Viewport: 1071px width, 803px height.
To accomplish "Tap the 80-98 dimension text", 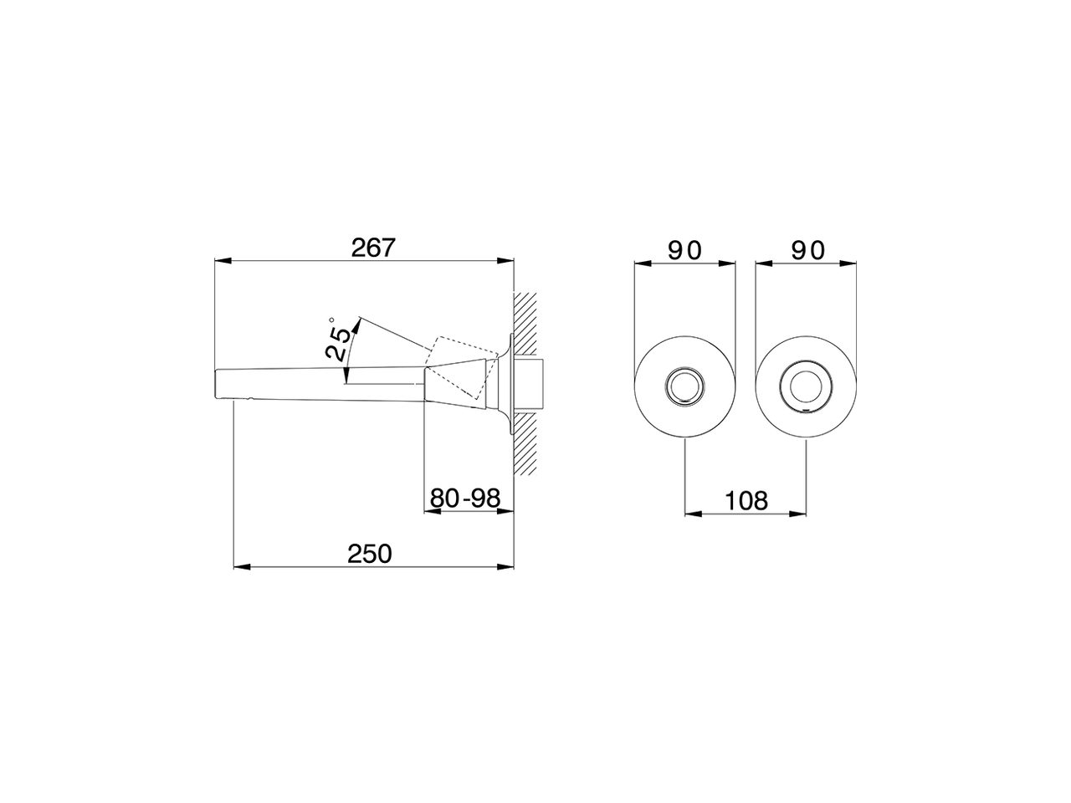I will click(465, 499).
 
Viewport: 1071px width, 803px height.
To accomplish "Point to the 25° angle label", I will click(338, 340).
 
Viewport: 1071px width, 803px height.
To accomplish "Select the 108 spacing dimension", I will click(746, 500).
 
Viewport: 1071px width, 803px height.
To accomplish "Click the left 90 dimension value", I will click(684, 249).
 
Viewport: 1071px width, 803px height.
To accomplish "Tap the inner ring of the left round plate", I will click(685, 386).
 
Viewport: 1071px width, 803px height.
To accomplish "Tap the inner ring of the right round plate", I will click(806, 386).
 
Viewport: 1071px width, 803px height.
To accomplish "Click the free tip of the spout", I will click(220, 384).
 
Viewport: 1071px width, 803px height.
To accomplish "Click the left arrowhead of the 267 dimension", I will click(222, 262).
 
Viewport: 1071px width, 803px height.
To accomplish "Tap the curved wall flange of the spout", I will click(506, 386).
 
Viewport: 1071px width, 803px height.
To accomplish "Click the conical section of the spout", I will click(456, 386).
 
